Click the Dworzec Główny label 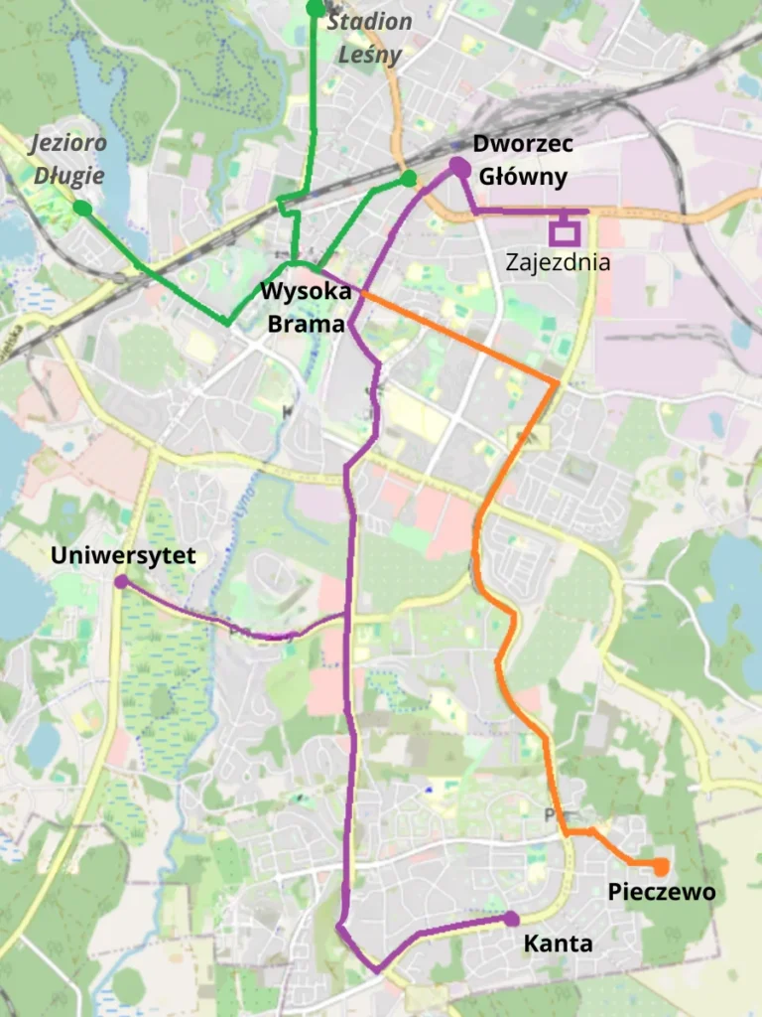[522, 161]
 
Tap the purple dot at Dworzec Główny [459, 168]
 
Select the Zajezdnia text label [557, 263]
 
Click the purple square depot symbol [566, 231]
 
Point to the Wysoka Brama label [305, 308]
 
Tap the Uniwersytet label [123, 555]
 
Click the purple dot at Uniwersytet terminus [121, 581]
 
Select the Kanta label [558, 944]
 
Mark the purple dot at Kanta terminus [511, 919]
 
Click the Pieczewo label [661, 892]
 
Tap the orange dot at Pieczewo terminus [661, 867]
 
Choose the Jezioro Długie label [68, 160]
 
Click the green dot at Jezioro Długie [82, 208]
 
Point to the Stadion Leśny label [369, 37]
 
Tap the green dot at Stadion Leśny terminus [316, 9]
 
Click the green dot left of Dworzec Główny [408, 179]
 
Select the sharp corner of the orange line [556, 382]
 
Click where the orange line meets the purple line [361, 294]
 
